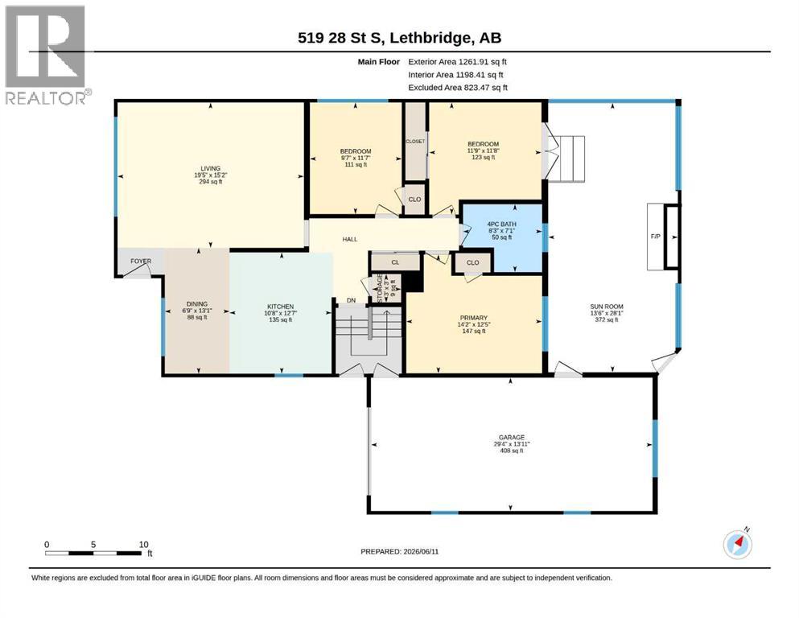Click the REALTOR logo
point(47,55)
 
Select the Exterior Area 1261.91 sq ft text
point(457,62)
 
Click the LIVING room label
point(211,168)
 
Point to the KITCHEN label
point(280,307)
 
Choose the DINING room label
point(196,304)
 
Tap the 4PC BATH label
point(501,225)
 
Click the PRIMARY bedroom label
point(473,318)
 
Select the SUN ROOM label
point(607,307)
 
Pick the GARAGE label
point(512,437)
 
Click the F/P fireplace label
point(655,237)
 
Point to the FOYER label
point(141,262)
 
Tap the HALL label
point(349,239)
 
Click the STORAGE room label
point(380,288)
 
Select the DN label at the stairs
point(351,301)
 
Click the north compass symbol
point(738,544)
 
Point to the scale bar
point(95,552)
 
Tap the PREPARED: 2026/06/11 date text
point(399,551)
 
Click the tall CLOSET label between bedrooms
point(415,141)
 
